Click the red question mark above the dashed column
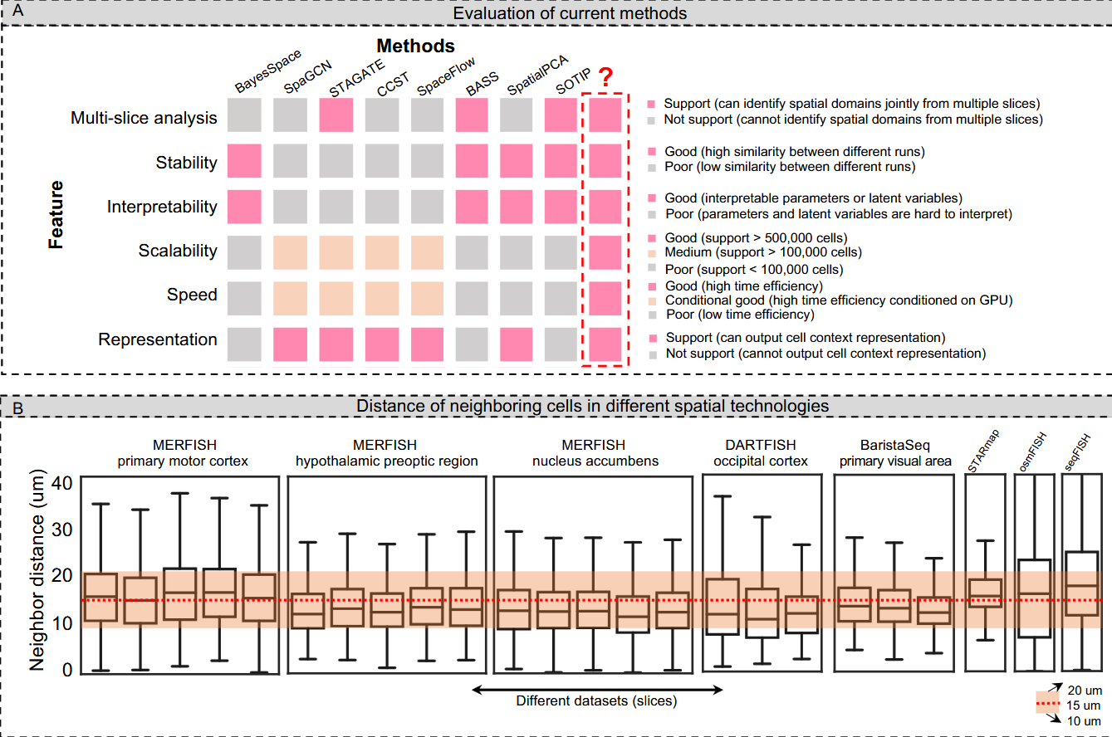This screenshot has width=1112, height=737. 606,79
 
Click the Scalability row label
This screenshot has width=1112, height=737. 179,251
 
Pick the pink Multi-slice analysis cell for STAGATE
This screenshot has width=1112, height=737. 337,115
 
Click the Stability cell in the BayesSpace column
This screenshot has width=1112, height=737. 244,161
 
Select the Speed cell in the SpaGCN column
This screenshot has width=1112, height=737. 291,295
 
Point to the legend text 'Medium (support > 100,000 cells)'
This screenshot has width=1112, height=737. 763,251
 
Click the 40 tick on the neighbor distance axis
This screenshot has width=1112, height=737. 62,482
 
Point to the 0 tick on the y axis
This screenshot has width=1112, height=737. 67,668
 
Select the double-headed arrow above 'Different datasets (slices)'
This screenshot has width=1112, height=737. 597,688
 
